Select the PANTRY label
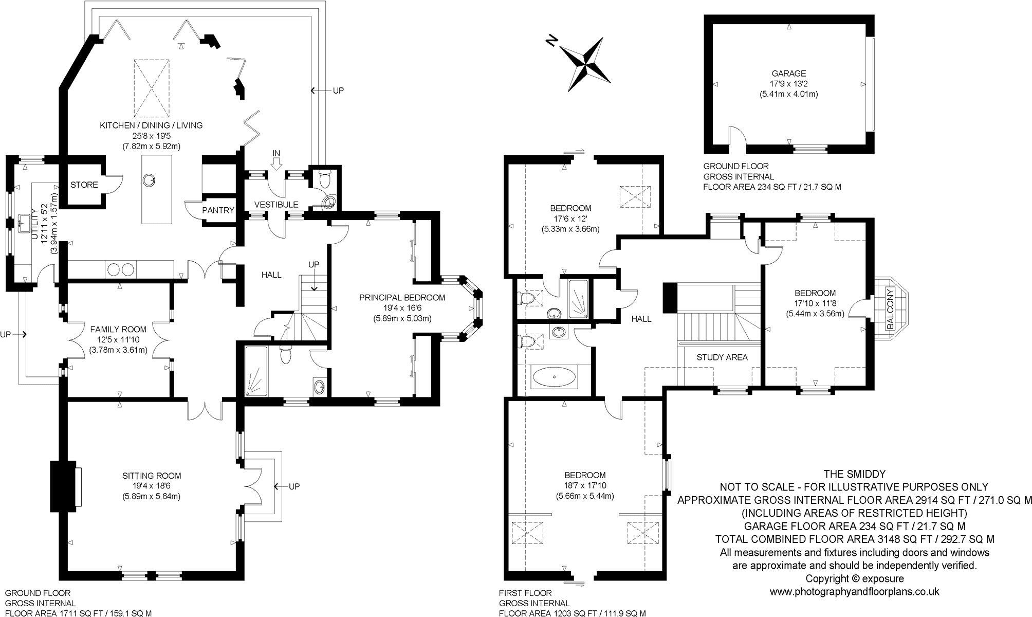pos(218,210)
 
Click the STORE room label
pos(84,185)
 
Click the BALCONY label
pos(890,308)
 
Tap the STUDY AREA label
pos(722,357)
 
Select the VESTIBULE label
pos(277,205)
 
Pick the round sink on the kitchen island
pos(149,180)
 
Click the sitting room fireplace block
pos(58,486)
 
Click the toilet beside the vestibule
pos(324,179)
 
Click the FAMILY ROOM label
pos(118,329)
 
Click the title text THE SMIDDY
pos(854,474)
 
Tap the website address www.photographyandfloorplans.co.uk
pos(854,591)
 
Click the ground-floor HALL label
pos(271,275)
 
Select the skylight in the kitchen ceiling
pos(152,88)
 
